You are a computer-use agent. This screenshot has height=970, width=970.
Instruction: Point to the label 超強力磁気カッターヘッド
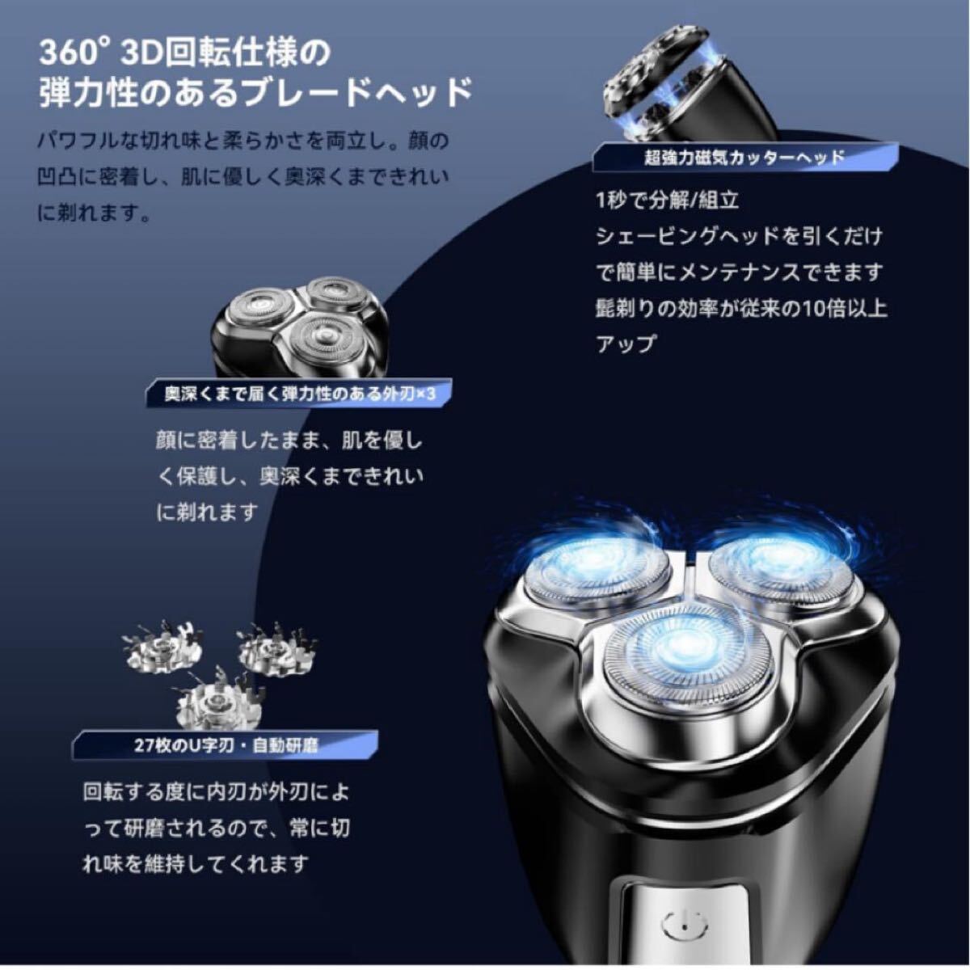744,158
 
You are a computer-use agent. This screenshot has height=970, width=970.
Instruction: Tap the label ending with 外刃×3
301,394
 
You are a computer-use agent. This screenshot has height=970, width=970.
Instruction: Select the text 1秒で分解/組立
667,200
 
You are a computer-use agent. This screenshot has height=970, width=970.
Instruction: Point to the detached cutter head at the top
690,90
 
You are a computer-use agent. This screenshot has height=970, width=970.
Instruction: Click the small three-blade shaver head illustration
300,327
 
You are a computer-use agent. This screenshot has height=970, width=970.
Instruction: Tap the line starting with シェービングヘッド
740,237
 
